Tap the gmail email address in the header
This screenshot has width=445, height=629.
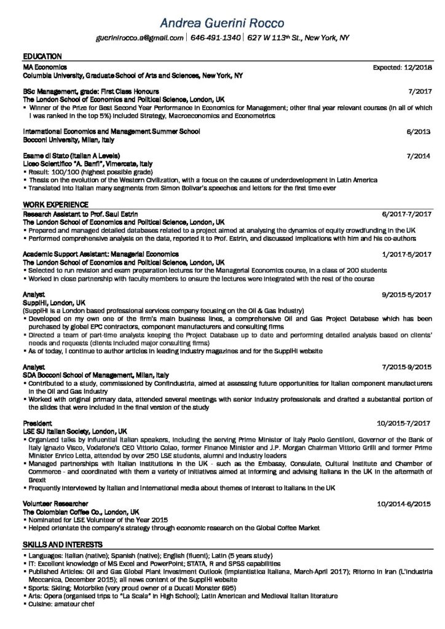[140, 38]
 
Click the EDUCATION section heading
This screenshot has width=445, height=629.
[42, 56]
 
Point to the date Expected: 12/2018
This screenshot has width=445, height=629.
[403, 66]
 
